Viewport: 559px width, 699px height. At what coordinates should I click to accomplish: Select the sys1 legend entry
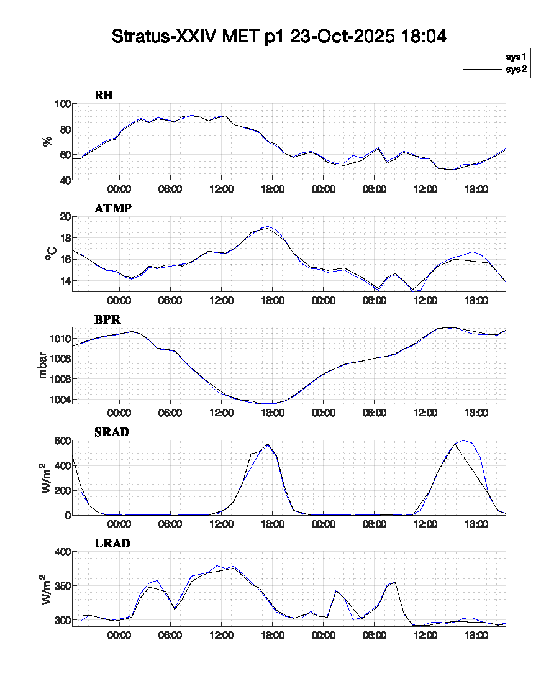pyautogui.click(x=516, y=57)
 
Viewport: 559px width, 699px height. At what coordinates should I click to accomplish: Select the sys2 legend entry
pyautogui.click(x=516, y=69)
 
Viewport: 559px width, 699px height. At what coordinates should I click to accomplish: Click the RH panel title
pyautogui.click(x=104, y=95)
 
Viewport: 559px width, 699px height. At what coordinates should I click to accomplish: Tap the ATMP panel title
pyautogui.click(x=112, y=208)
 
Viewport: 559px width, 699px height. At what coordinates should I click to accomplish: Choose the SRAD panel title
pyautogui.click(x=111, y=432)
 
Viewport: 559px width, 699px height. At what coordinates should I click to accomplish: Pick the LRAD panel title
pyautogui.click(x=112, y=543)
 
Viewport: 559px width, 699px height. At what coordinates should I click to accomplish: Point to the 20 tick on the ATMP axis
pyautogui.click(x=64, y=216)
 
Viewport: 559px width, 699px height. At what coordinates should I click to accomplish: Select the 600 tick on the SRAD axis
pyautogui.click(x=61, y=441)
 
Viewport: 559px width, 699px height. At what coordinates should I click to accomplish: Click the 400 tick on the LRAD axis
pyautogui.click(x=61, y=552)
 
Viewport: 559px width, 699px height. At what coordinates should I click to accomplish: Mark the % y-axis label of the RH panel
pyautogui.click(x=47, y=142)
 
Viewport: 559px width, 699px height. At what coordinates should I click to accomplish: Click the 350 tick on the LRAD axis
pyautogui.click(x=61, y=586)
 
